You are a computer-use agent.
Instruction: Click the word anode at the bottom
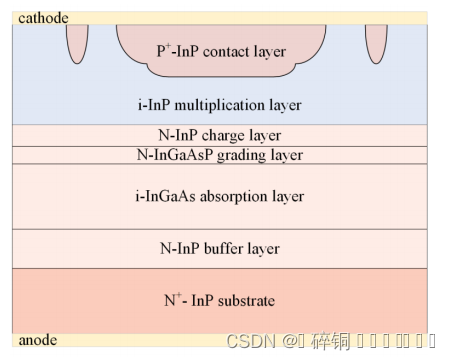(x=38, y=340)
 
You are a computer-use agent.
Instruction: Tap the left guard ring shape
(x=77, y=39)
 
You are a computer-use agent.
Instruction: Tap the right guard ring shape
(x=376, y=39)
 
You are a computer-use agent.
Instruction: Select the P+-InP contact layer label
(x=221, y=51)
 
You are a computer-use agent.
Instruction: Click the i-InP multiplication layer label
(x=219, y=104)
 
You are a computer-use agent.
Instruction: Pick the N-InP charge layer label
(x=220, y=135)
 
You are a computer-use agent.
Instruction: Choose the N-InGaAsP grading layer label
(x=220, y=155)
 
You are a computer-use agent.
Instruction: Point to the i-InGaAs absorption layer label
(x=220, y=196)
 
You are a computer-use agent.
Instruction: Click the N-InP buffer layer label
(x=220, y=248)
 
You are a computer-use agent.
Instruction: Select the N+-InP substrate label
(x=219, y=299)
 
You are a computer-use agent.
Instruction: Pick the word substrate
(x=247, y=300)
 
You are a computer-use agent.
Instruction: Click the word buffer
(x=230, y=248)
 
